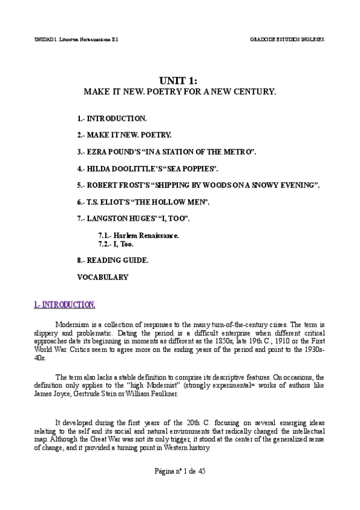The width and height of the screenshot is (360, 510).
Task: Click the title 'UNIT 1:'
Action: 179,82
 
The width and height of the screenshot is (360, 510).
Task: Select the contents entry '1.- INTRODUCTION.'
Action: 112,119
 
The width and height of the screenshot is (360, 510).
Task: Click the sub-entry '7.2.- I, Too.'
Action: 116,245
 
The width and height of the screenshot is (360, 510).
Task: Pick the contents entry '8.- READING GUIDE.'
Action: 113,261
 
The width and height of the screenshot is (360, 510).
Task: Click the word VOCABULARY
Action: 103,278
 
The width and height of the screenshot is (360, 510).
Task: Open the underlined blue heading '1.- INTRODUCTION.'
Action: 64,305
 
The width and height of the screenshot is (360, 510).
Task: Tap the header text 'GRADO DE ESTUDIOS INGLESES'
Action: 287,39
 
